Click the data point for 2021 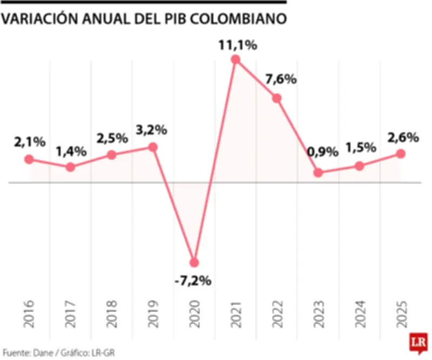pos(235,59)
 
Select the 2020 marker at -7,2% pos(194,263)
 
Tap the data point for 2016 pos(29,159)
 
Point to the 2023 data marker pos(318,173)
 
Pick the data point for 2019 pos(153,147)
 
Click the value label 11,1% pos(237,45)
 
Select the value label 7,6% pos(281,79)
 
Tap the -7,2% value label pos(193,281)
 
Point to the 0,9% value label pos(322,152)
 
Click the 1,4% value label pos(71,151)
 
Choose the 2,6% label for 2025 pos(403,137)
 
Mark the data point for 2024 pos(360,166)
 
